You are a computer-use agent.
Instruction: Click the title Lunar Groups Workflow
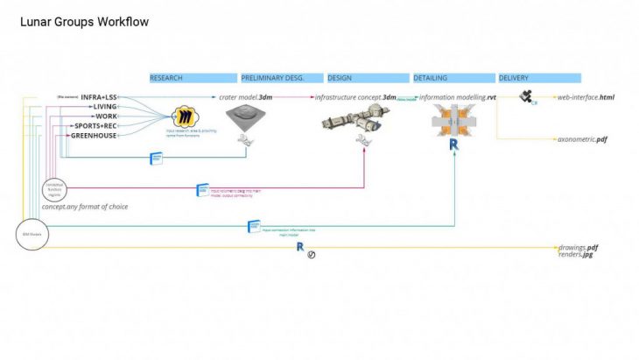(x=84, y=21)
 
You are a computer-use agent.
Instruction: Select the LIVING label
(x=105, y=106)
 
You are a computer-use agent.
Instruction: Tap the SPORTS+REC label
(x=97, y=125)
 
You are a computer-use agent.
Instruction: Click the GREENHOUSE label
(x=94, y=135)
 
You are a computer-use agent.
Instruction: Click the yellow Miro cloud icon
(x=185, y=116)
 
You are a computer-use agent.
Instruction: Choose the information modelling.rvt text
(x=458, y=97)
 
